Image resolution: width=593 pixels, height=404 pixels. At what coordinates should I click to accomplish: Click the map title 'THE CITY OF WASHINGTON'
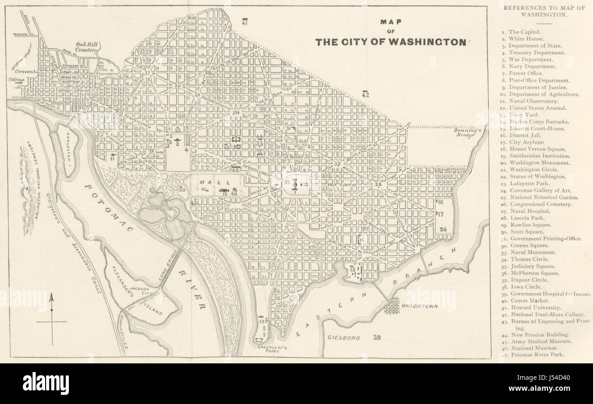391,42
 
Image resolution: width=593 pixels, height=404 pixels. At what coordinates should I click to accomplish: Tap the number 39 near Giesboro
377,338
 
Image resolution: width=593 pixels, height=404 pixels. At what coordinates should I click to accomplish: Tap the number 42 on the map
365,94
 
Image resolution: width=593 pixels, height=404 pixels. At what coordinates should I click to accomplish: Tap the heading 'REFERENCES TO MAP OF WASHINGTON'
537,11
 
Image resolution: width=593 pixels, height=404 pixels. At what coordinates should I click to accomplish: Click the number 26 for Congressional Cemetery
443,229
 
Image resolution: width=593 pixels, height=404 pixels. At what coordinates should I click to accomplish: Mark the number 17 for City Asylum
441,213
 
